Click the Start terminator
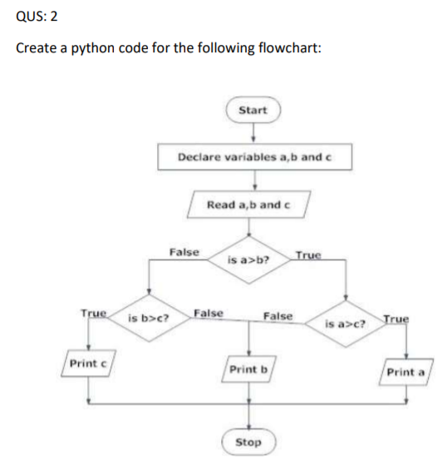[x=253, y=110]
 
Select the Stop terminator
[x=248, y=442]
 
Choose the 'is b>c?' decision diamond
[x=149, y=318]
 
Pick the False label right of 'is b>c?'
[x=208, y=313]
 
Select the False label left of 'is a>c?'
[x=278, y=316]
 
